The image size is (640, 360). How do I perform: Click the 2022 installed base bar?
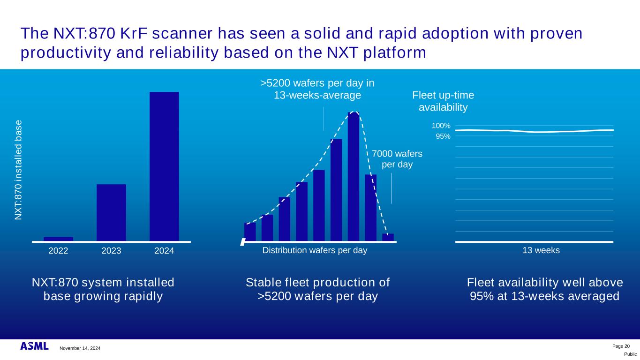coord(58,239)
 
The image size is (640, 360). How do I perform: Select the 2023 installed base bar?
coord(111,212)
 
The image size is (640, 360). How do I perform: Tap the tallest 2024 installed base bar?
coord(164,166)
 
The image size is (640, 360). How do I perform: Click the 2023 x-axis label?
coord(111,251)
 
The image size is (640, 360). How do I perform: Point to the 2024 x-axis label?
coord(164,251)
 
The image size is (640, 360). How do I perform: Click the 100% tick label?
coord(441,126)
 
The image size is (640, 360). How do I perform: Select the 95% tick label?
coord(443,136)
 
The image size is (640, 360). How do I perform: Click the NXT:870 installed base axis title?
coord(18,170)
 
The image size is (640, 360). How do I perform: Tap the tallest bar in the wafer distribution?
coord(354,177)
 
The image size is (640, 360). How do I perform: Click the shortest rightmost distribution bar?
coord(388,238)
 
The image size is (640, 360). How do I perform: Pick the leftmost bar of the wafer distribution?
coord(250,232)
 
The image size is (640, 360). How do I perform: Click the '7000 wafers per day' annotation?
coord(397,159)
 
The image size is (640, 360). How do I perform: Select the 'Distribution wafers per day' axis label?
coord(315,250)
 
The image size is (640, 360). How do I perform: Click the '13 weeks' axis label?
coord(541,250)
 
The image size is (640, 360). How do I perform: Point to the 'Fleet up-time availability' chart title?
coord(443,101)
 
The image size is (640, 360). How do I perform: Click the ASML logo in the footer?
coord(34,346)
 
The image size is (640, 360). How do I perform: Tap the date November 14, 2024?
coord(80,348)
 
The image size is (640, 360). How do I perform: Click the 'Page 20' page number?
coord(621,346)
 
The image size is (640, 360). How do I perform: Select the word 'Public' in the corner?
coord(630,354)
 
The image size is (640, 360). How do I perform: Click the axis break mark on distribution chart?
coord(243,242)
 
